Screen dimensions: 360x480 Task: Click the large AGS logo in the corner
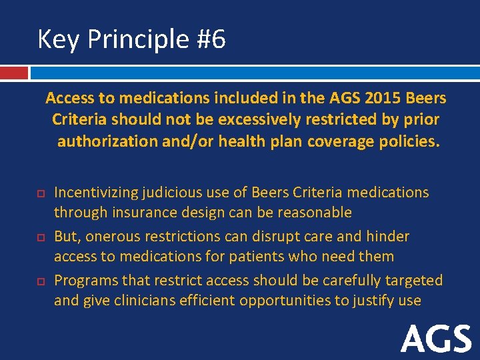tap(436, 338)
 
